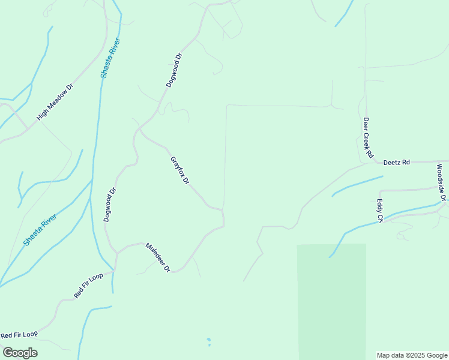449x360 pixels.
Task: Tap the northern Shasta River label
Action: [111, 58]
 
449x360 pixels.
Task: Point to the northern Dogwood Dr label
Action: [174, 71]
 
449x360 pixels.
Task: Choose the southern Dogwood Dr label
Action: [109, 205]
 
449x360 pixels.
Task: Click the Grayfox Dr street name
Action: [179, 171]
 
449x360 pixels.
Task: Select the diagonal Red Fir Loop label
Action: [89, 286]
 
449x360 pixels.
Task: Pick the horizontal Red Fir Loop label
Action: [19, 334]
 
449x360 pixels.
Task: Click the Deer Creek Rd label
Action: [367, 137]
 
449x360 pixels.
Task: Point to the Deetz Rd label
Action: [396, 162]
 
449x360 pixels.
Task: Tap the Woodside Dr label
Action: [441, 182]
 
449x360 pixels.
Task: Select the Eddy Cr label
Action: [379, 211]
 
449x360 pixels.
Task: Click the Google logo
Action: [20, 353]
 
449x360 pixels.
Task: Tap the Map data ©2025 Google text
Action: [412, 355]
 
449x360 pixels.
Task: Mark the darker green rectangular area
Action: [331, 300]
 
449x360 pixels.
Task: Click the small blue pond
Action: [208, 341]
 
